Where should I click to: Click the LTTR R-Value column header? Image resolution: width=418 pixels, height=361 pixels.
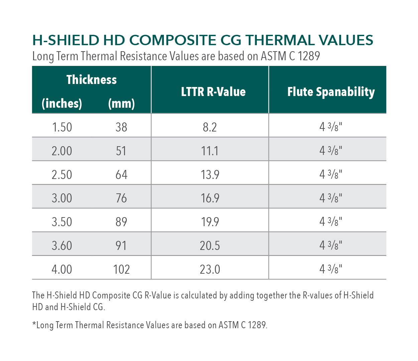(213, 92)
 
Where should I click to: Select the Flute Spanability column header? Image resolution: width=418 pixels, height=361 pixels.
(331, 92)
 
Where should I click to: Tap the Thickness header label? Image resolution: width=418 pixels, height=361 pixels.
(92, 80)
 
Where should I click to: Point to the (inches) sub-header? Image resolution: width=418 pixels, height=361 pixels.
(62, 103)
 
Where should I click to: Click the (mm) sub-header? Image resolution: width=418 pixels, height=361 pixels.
(121, 103)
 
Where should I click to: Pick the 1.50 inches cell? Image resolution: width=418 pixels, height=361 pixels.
(62, 127)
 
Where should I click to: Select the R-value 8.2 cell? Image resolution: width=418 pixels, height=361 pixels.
(210, 127)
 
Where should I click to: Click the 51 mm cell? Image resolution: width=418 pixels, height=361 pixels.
(121, 151)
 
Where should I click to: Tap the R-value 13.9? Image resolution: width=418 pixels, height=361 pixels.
(210, 175)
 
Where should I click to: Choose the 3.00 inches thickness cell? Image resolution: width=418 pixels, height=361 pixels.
(62, 198)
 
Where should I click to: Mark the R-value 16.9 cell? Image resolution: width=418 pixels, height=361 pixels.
(210, 198)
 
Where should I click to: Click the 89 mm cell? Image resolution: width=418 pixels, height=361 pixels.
(121, 222)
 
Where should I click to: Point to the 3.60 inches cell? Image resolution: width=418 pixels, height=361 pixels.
(62, 246)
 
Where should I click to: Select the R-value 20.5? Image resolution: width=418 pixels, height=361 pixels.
(210, 246)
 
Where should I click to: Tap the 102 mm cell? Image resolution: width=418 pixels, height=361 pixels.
(121, 269)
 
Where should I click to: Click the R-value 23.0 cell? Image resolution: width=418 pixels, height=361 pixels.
(210, 269)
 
